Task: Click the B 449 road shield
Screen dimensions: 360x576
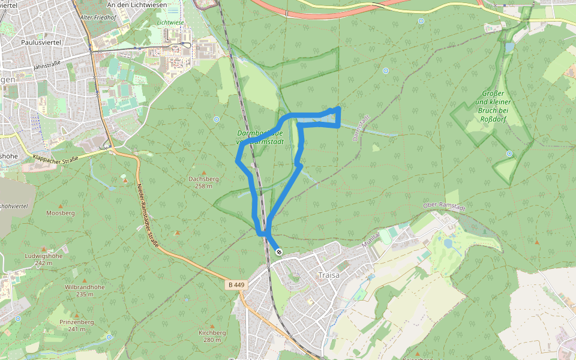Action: tap(236, 284)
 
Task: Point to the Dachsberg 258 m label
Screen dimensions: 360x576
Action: tap(203, 182)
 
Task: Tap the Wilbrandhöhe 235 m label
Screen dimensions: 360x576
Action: tap(85, 290)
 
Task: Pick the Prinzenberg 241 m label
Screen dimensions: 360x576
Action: tap(76, 325)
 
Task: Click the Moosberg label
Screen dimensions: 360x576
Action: tap(60, 213)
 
